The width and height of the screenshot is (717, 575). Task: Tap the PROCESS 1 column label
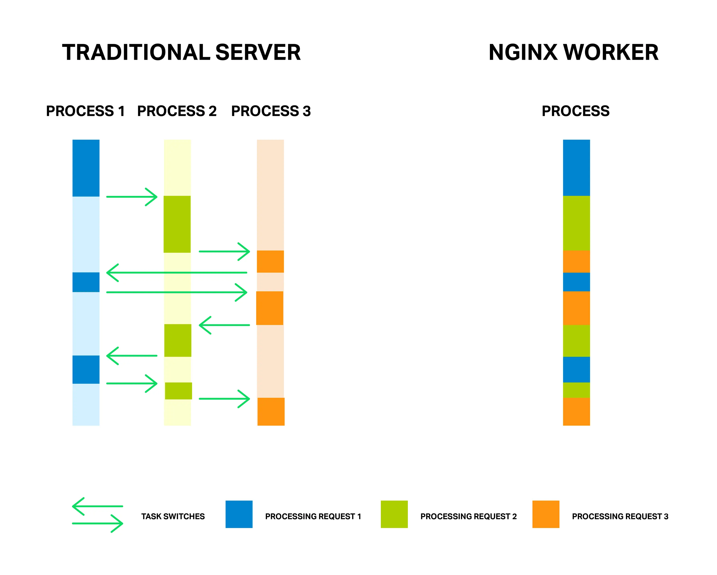(x=85, y=111)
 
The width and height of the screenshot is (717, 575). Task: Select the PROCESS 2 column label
(x=177, y=111)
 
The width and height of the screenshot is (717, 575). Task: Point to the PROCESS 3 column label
(x=271, y=111)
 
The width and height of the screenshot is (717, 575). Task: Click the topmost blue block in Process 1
(x=86, y=168)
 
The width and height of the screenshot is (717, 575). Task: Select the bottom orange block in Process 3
(x=271, y=411)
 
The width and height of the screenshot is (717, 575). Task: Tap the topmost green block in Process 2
(x=177, y=224)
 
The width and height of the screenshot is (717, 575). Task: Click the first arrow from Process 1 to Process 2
(x=131, y=197)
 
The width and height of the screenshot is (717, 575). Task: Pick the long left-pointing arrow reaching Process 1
(x=176, y=272)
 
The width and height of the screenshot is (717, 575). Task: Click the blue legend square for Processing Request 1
(x=239, y=514)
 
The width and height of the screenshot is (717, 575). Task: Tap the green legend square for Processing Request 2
(x=394, y=514)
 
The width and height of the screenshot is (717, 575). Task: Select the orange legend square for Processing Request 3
(x=546, y=514)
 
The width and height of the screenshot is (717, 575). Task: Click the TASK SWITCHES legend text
(x=173, y=516)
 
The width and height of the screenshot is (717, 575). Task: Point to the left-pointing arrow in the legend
(x=97, y=506)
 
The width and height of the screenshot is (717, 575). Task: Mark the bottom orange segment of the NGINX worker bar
(x=576, y=411)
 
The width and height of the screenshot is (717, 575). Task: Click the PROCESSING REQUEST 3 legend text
(x=620, y=516)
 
